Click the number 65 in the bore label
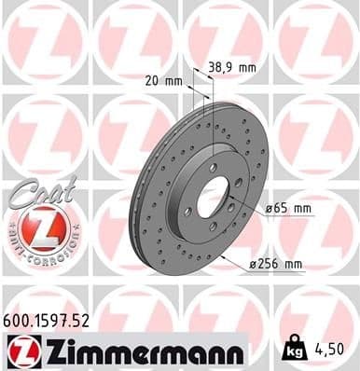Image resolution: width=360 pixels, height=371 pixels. pos(278,209)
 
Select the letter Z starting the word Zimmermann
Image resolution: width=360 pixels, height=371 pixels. pos(45,351)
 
